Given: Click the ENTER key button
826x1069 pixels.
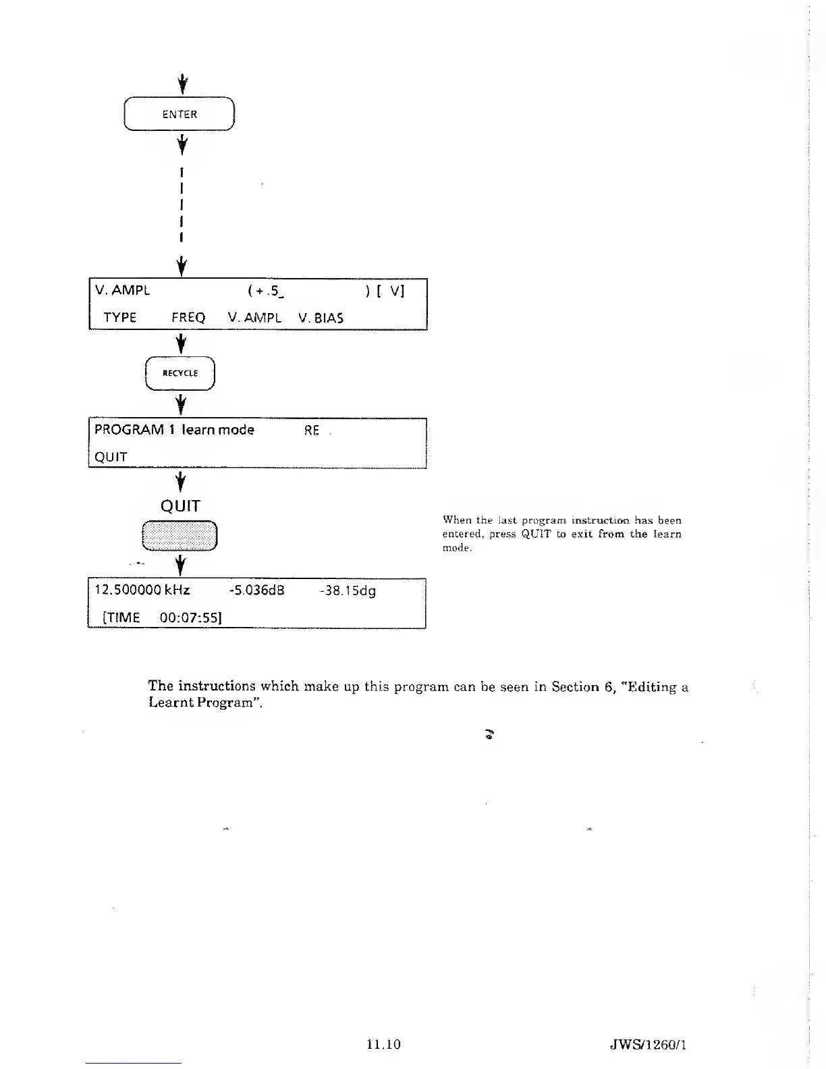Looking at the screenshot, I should coord(180,114).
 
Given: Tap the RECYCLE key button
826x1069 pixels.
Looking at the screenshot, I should coord(180,373).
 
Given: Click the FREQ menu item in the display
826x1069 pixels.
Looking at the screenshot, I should coord(188,318).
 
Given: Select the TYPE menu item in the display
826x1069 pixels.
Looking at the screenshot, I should coord(120,318).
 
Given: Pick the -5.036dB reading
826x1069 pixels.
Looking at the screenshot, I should coord(256,591).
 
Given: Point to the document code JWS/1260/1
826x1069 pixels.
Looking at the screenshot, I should coord(647,1045).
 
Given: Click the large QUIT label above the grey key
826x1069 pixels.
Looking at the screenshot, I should coord(180,506).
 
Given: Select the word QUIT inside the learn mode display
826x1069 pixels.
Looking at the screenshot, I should coord(111,457).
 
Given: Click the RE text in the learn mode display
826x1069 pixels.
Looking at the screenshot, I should coord(312,431).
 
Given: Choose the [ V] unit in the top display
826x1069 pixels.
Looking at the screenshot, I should coord(392,291).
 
